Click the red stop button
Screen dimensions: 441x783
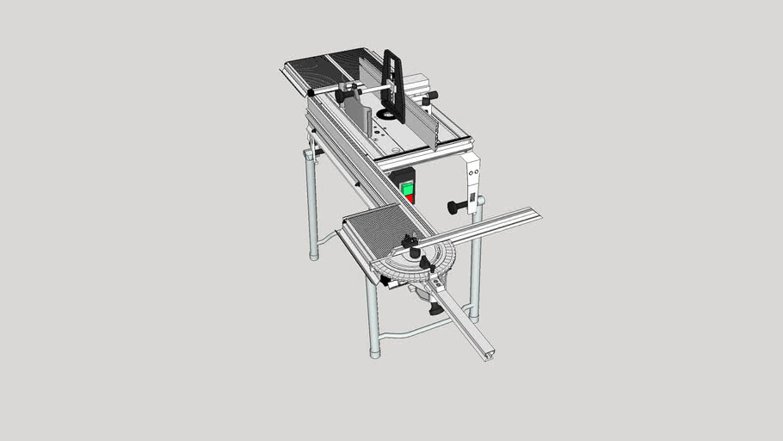[x=410, y=197]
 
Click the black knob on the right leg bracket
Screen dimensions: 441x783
[x=453, y=207]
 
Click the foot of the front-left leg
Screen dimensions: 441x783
[x=374, y=351]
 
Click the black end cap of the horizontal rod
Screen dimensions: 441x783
[x=310, y=92]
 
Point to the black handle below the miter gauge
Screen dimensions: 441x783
[x=436, y=308]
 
